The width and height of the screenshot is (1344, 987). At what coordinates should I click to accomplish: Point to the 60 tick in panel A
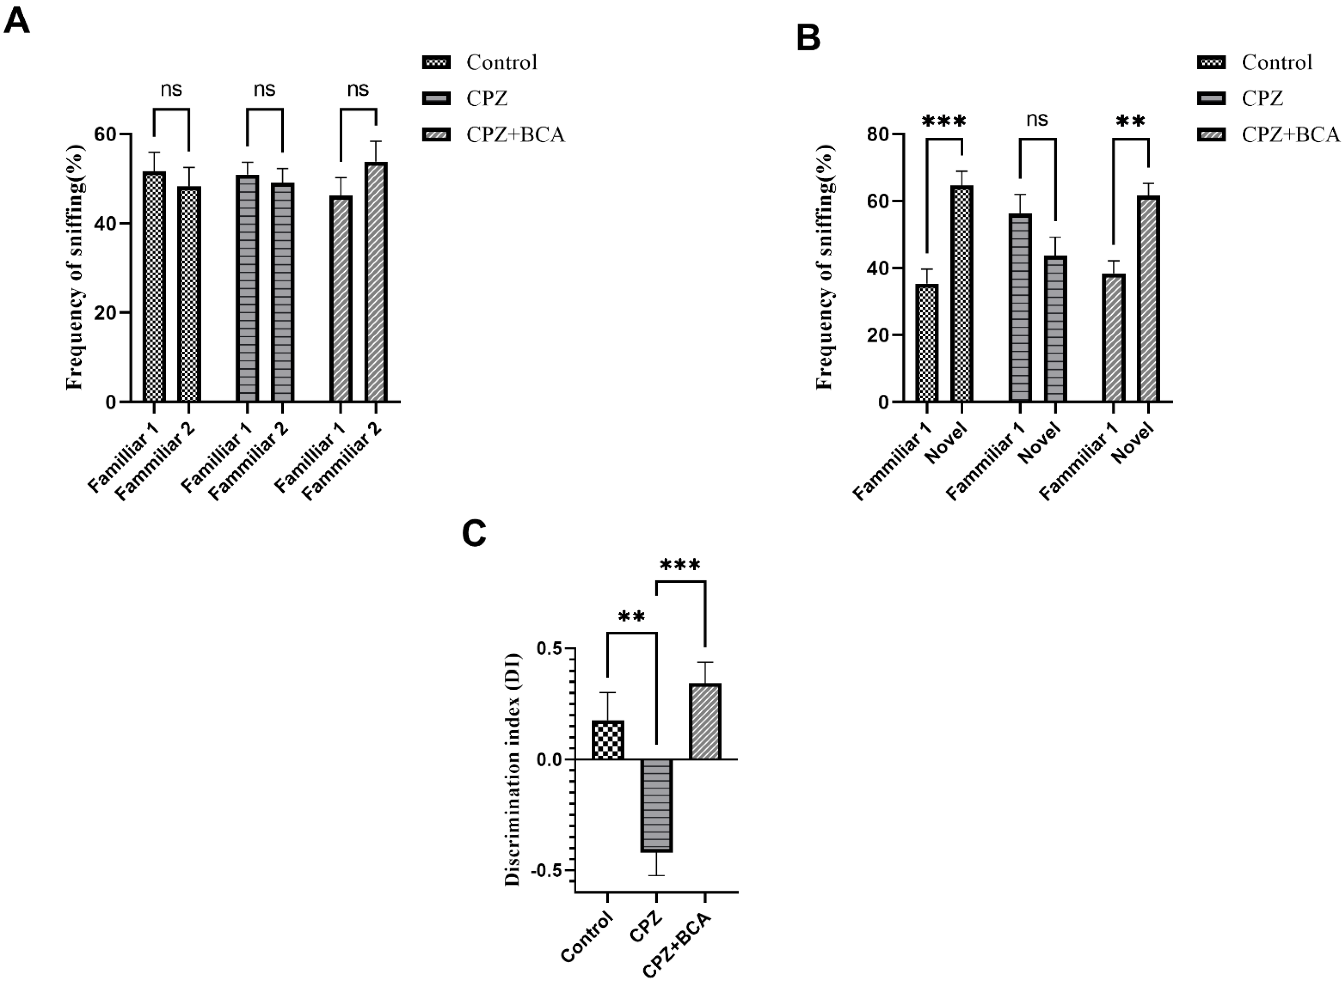tap(105, 134)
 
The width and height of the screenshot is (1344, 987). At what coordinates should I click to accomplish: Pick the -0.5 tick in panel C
tap(549, 871)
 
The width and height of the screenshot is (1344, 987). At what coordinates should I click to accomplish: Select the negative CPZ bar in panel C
tap(657, 805)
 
